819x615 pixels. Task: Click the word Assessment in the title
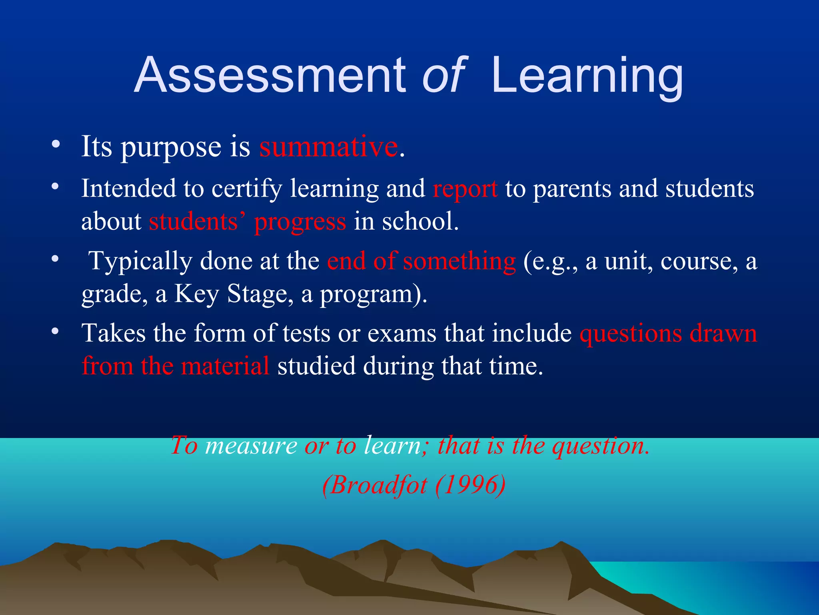pyautogui.click(x=270, y=75)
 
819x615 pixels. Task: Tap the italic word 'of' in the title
pyautogui.click(x=444, y=75)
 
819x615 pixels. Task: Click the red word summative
pyautogui.click(x=328, y=147)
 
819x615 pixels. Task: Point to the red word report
pyautogui.click(x=465, y=189)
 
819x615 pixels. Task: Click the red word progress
pyautogui.click(x=300, y=221)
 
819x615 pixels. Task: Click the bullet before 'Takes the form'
pyautogui.click(x=56, y=331)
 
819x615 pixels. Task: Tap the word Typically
pyautogui.click(x=141, y=261)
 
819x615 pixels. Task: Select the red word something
pyautogui.click(x=459, y=261)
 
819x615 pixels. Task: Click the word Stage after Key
pyautogui.click(x=257, y=294)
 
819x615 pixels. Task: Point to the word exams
pyautogui.click(x=402, y=334)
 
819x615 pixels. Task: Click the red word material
pyautogui.click(x=225, y=366)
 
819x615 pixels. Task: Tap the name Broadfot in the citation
pyautogui.click(x=378, y=485)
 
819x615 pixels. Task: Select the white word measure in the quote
pyautogui.click(x=251, y=446)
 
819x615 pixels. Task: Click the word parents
pyautogui.click(x=572, y=189)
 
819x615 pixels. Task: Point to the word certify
pyautogui.click(x=246, y=189)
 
